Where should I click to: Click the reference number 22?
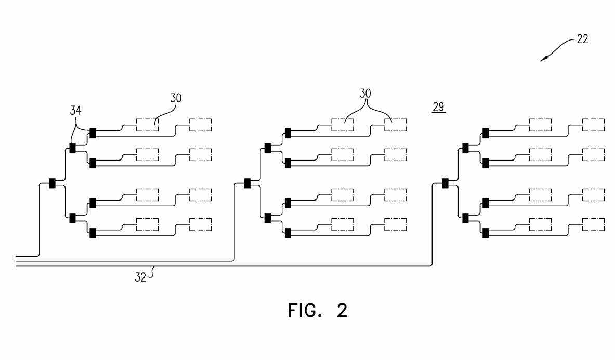tap(582, 39)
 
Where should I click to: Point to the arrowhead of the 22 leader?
tap(543, 59)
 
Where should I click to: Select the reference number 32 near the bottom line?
tap(140, 277)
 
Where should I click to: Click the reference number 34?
tap(76, 110)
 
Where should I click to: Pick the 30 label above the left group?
tap(176, 98)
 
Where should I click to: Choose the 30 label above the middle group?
tap(366, 94)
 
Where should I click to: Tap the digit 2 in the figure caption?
tap(342, 311)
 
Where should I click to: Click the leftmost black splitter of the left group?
tap(52, 183)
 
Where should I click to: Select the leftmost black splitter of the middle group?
tap(247, 183)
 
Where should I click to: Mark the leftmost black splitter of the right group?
tap(445, 183)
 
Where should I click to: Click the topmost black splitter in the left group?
tap(93, 133)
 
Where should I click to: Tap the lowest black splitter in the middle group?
tap(287, 233)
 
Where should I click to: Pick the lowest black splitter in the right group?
tap(485, 233)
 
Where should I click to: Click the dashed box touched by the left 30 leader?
tap(147, 125)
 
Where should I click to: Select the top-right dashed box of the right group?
tap(593, 125)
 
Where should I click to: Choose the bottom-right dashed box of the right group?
tap(593, 224)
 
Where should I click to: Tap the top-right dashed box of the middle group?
tap(395, 125)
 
